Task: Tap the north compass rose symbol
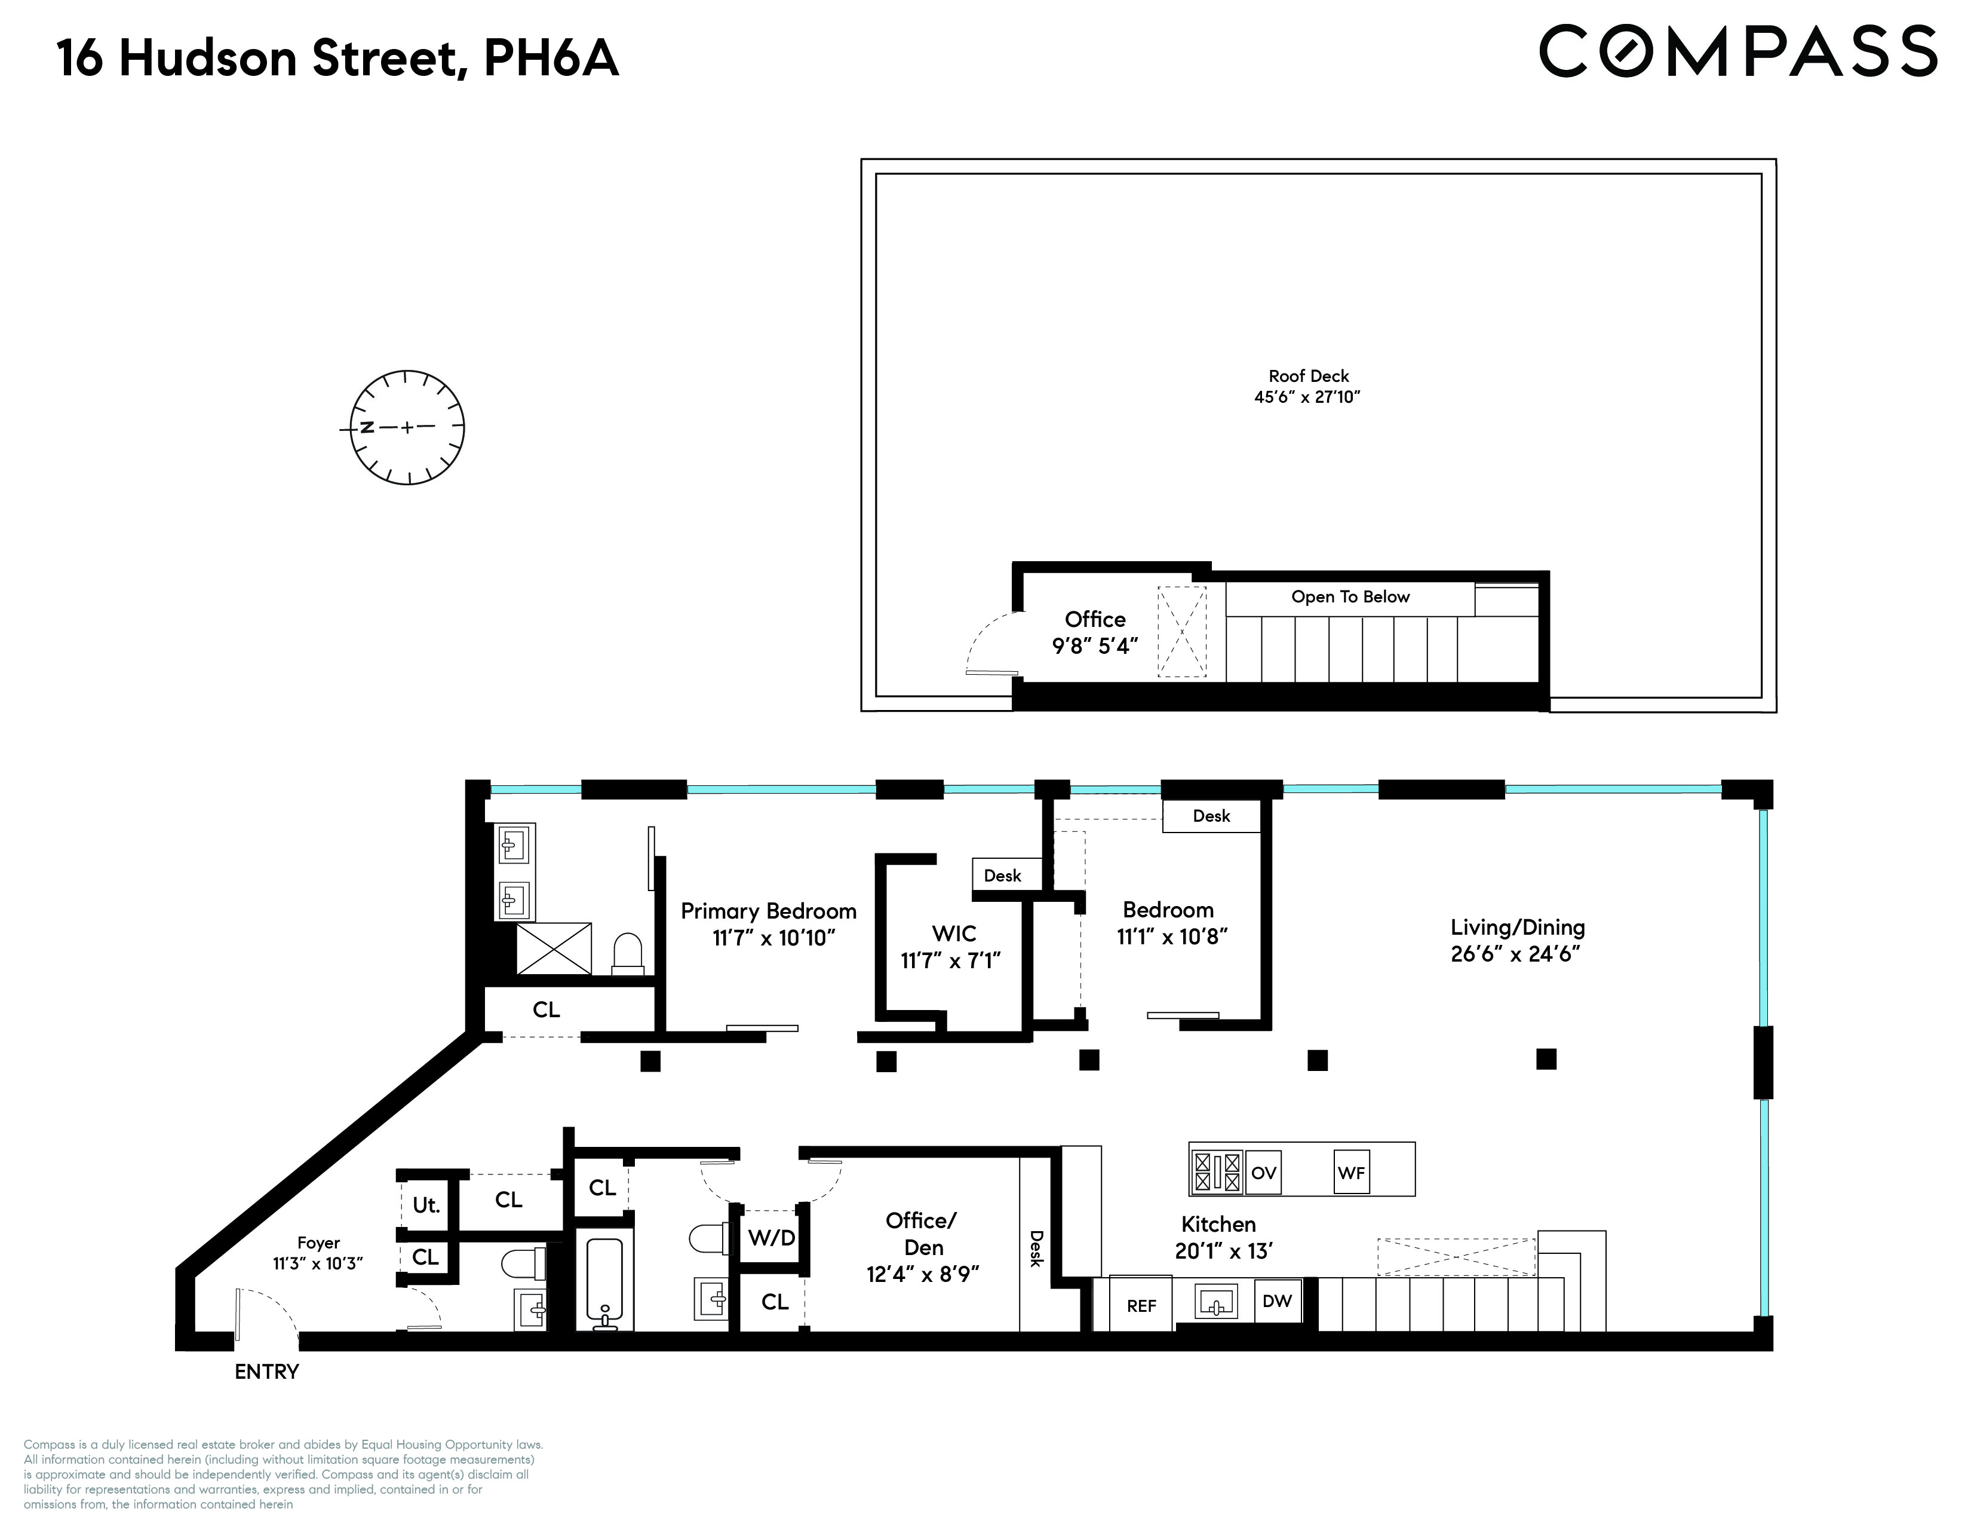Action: [x=406, y=427]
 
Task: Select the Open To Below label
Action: [x=1349, y=597]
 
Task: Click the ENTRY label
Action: [x=266, y=1372]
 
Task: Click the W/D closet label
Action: [x=772, y=1238]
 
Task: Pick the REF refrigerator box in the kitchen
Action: [x=1141, y=1305]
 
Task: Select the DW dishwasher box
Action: [x=1277, y=1301]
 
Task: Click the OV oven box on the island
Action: [x=1263, y=1173]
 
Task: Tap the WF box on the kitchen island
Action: [x=1351, y=1173]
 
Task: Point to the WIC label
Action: [x=954, y=933]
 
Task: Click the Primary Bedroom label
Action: [x=768, y=911]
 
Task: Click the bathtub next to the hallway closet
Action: [x=604, y=1280]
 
